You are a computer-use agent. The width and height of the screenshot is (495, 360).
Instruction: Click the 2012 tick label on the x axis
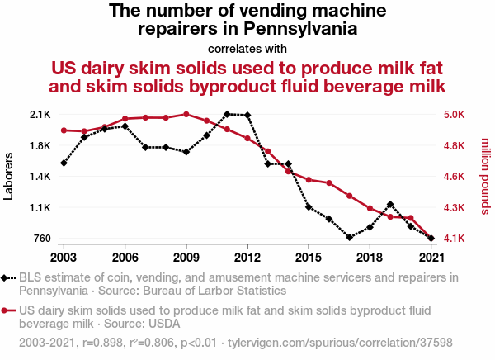coord(247,256)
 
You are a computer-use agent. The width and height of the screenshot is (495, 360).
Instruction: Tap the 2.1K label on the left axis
coord(39,114)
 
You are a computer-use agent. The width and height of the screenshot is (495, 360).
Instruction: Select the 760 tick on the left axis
coord(41,239)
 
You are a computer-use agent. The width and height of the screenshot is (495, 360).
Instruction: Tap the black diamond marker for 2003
coord(64,163)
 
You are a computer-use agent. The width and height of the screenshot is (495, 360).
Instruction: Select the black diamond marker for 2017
coord(350,237)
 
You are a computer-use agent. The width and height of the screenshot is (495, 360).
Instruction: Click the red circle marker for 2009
coord(186,114)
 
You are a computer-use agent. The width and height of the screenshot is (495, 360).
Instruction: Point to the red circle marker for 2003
coord(64,130)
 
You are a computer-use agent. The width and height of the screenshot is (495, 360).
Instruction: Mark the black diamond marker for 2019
coord(390,204)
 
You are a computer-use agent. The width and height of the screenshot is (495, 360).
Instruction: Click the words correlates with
coord(247,48)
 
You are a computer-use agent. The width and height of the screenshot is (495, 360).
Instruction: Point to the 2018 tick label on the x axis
coord(370,256)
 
